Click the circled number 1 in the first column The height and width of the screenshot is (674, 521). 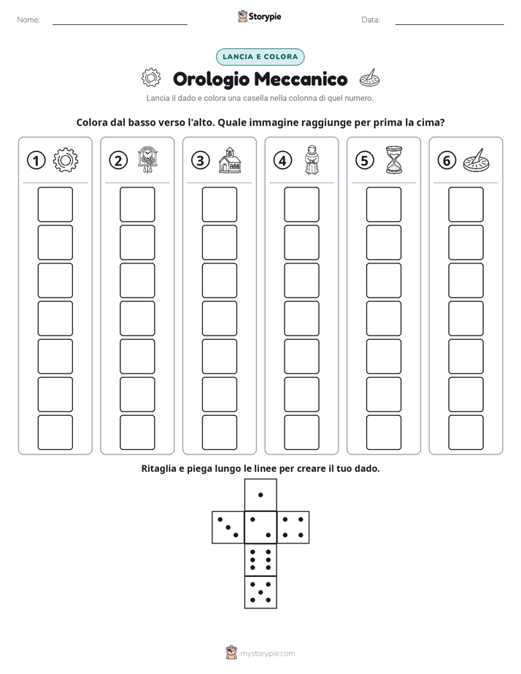point(36,160)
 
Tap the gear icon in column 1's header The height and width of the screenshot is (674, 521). point(66,160)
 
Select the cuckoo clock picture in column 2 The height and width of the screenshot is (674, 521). point(148,160)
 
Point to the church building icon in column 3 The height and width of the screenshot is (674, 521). point(230,160)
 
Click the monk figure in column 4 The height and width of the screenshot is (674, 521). point(312,160)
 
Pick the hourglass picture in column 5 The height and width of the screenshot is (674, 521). point(394,160)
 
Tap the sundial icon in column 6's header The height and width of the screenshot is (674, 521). point(476,160)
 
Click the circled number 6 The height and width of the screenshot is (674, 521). point(447,160)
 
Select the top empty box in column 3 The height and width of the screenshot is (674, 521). point(219,204)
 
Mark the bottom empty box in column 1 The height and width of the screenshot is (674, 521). point(55,433)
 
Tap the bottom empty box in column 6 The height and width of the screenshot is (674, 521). point(466,433)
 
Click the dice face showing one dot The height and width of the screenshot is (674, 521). point(260,495)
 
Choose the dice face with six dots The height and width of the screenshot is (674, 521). point(260,559)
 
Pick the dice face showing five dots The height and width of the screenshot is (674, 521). point(260,592)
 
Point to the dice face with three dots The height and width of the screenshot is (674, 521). point(228,527)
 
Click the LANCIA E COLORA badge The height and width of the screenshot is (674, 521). point(260,57)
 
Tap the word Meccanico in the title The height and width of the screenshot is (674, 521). point(301,79)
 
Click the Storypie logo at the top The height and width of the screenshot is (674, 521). point(259,16)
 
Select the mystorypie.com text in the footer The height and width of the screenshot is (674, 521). point(267,654)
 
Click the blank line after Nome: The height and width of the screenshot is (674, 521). point(120,24)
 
